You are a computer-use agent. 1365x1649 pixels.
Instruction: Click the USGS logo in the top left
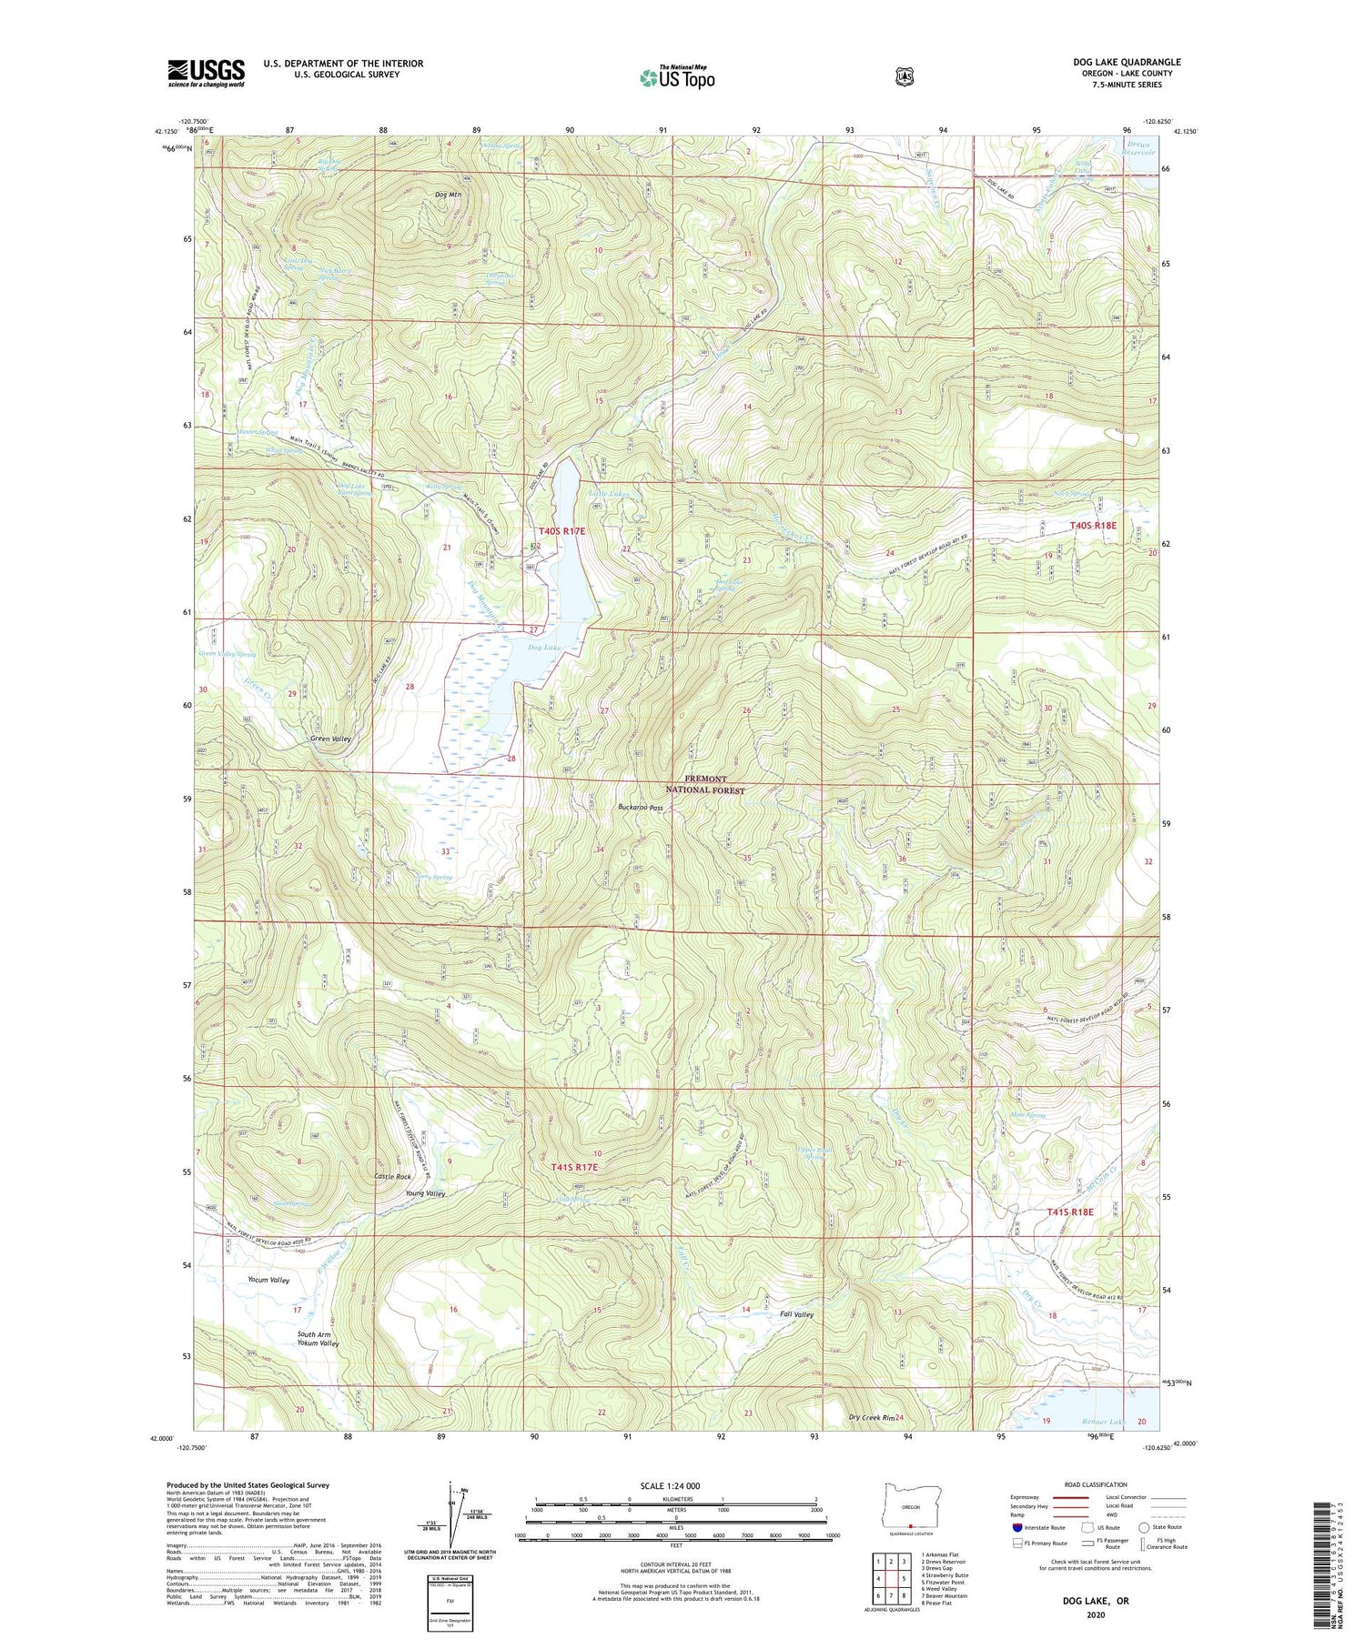point(206,73)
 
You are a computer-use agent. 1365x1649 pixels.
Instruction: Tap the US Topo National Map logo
point(677,77)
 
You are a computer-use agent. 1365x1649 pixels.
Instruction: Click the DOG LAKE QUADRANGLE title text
point(1127,62)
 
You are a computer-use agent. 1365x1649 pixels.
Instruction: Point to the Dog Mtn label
point(450,195)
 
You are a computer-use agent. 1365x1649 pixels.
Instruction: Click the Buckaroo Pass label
point(641,808)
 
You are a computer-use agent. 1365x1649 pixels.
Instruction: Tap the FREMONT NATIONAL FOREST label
point(713,785)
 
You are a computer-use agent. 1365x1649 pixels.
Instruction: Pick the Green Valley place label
point(330,739)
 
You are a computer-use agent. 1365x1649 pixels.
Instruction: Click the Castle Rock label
point(393,1177)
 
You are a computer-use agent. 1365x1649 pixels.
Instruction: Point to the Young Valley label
point(425,1193)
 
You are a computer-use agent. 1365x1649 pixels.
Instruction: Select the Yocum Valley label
point(268,1280)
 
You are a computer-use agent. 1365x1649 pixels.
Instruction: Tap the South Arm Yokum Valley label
point(318,1339)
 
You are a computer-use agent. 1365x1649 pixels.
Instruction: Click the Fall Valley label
point(796,1314)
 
